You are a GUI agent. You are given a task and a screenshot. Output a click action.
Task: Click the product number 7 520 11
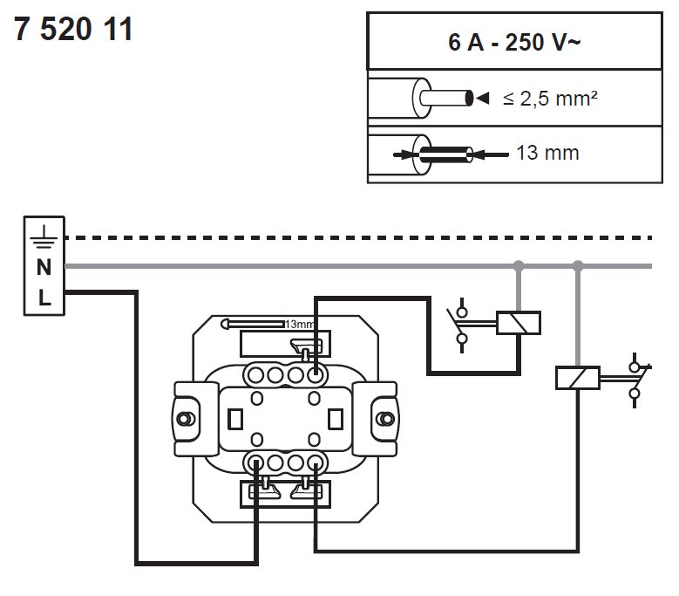pos(73,31)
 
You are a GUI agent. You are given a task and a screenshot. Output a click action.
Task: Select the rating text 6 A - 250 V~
pos(509,43)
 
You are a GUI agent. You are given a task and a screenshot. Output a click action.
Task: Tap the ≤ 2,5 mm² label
pos(549,99)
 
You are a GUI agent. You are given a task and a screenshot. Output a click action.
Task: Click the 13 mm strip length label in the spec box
pos(547,154)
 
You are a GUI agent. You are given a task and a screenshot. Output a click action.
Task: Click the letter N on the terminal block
pos(44,267)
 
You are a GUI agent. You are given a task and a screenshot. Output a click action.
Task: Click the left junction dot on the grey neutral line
pos(519,265)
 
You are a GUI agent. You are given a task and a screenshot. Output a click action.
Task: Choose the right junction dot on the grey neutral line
pos(577,265)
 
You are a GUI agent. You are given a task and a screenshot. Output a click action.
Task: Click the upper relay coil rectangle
pos(519,324)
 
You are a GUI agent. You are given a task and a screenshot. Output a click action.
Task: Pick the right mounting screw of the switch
pos(381,418)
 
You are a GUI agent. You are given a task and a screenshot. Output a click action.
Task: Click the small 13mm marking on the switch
pos(297,324)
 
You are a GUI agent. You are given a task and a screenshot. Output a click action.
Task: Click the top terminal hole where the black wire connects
pos(315,376)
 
